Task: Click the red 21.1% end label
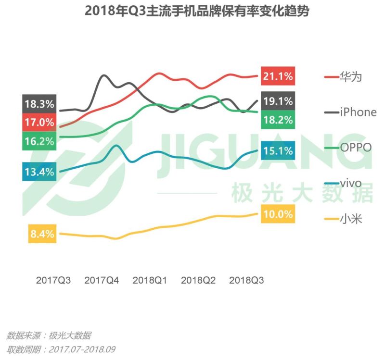point(277,76)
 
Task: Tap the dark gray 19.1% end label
point(277,101)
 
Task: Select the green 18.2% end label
point(277,120)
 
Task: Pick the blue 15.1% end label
point(277,151)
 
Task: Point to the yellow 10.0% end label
point(277,214)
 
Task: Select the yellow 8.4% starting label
point(42,235)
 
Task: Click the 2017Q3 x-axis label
point(53,280)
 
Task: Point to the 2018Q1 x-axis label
point(150,280)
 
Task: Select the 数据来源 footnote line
point(49,335)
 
